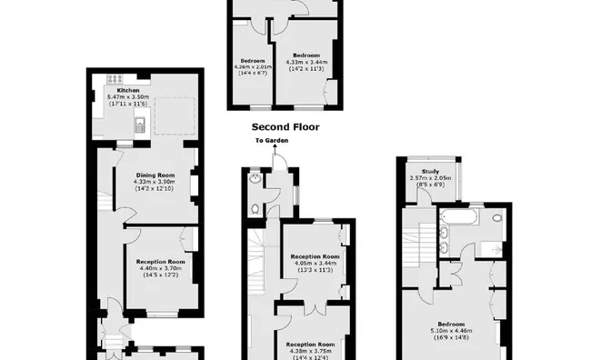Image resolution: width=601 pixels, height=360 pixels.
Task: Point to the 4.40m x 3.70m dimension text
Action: point(161,268)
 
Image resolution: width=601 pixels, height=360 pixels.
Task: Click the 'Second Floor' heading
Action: point(285,128)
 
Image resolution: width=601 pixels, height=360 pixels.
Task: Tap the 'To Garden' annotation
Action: point(270,141)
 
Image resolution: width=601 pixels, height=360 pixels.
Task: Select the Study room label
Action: point(431,170)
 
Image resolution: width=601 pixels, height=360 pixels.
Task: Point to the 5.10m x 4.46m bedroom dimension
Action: point(452,331)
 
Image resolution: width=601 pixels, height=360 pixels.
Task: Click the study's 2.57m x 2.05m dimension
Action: point(431,177)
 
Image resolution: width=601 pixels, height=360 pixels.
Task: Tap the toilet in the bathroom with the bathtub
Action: point(496,218)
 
